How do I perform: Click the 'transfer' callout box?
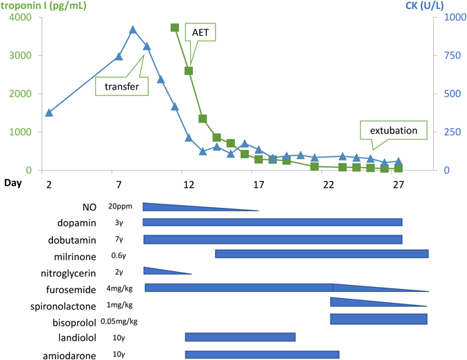click(122, 87)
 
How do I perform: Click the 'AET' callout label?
click(205, 32)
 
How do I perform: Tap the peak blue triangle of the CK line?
click(133, 30)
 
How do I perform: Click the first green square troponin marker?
click(175, 28)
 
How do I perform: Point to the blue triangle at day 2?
click(49, 112)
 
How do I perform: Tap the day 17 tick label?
click(258, 184)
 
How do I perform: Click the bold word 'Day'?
click(13, 183)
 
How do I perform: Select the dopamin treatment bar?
click(272, 222)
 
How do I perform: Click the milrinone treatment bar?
click(321, 254)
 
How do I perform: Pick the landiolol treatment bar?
click(240, 337)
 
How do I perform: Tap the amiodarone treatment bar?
click(262, 354)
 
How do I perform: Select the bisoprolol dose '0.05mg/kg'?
click(123, 321)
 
